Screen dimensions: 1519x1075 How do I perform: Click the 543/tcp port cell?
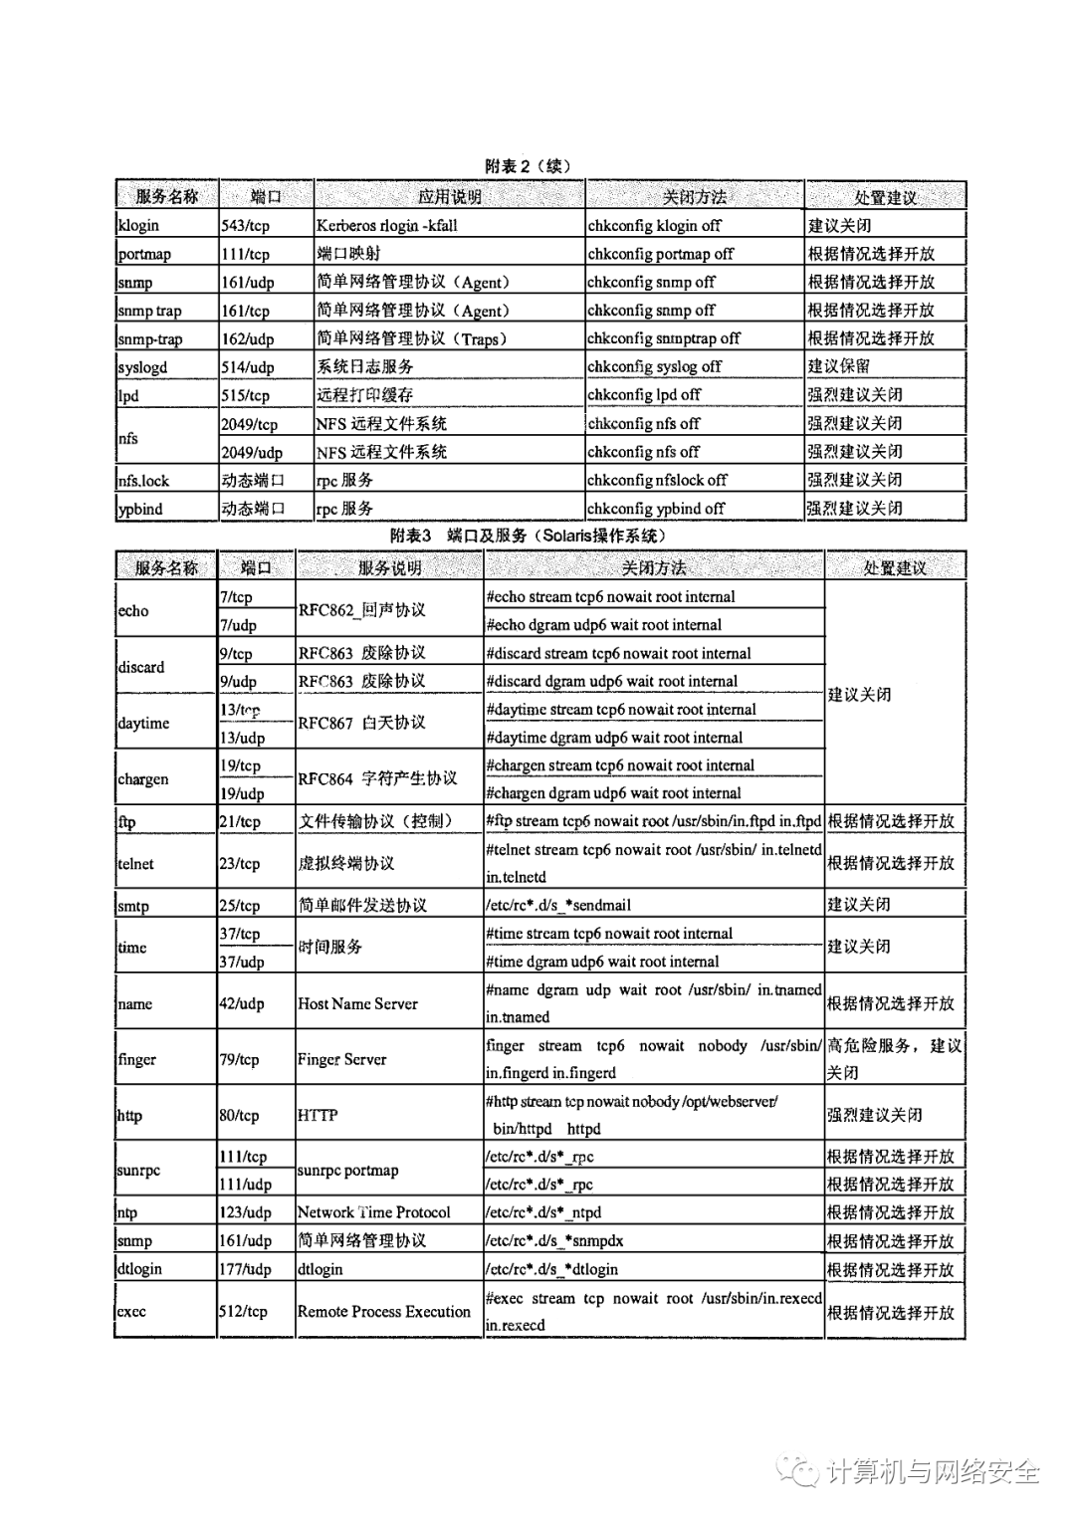point(245,226)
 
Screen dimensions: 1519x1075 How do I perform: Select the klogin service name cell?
point(138,226)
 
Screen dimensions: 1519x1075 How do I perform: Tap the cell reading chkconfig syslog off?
point(654,367)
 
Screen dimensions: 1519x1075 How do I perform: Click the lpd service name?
point(128,395)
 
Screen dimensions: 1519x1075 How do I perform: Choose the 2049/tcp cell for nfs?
point(250,424)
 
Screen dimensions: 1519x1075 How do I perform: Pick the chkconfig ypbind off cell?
point(656,509)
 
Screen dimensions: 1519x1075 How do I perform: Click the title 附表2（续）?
point(529,166)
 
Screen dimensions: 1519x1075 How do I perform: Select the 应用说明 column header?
point(449,197)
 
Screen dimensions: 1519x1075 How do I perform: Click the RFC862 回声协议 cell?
point(361,610)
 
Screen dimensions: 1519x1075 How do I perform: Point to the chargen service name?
point(143,779)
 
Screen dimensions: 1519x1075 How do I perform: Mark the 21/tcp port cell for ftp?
point(240,822)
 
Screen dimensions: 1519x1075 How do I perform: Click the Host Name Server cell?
point(357,1003)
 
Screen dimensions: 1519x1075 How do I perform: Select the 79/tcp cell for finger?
point(239,1060)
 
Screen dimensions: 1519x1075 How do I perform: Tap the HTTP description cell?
point(318,1116)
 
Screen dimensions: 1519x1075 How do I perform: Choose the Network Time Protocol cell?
point(373,1212)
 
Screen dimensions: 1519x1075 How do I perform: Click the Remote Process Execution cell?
point(383,1312)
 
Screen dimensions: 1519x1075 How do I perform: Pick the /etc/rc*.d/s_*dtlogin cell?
point(551,1269)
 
